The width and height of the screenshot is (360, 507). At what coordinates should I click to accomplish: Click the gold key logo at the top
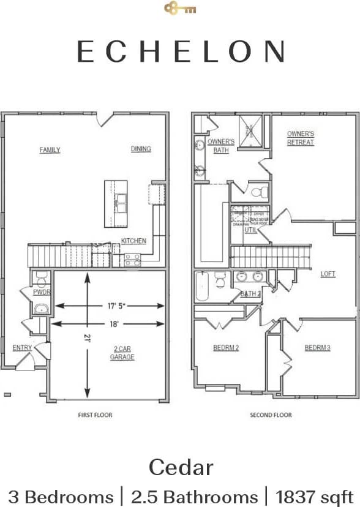[180, 9]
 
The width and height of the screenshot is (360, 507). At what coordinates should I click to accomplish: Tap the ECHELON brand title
[180, 51]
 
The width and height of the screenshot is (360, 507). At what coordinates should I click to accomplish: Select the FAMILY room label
[50, 150]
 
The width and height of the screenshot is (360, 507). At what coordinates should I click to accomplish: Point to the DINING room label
[141, 149]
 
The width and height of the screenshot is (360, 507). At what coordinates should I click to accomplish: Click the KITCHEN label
[133, 241]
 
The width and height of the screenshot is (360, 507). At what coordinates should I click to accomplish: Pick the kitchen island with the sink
[116, 198]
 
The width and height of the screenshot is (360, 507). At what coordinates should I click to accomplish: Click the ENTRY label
[23, 348]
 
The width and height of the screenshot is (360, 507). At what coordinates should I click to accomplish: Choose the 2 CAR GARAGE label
[122, 353]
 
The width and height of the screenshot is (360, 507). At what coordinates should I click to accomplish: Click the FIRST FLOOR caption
[95, 415]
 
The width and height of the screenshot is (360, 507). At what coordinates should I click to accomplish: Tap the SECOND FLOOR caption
[271, 415]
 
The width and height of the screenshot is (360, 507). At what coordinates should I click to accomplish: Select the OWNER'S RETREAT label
[300, 138]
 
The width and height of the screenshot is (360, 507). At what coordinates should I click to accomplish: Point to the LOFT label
[328, 274]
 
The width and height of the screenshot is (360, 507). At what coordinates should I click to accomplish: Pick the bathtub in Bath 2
[203, 286]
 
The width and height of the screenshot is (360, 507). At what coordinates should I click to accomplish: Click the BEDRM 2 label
[225, 348]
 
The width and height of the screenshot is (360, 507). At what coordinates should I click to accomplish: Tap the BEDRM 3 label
[317, 348]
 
